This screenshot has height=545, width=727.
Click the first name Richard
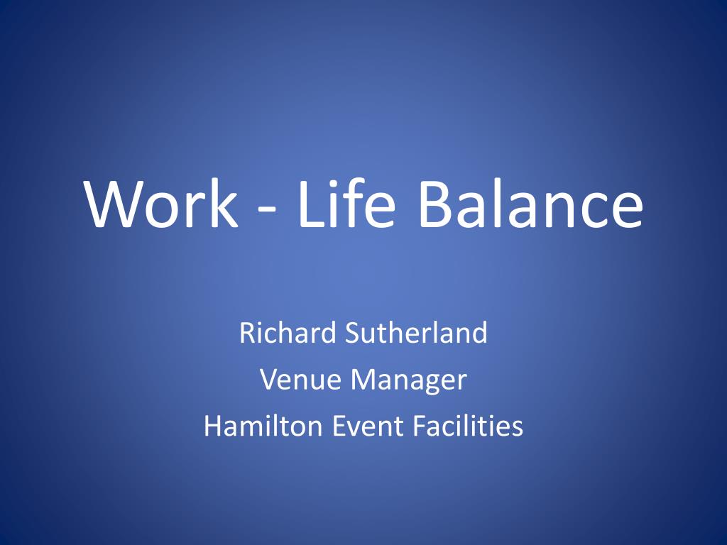(288, 333)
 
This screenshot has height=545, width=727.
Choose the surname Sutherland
(416, 333)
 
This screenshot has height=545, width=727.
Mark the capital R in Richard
(246, 333)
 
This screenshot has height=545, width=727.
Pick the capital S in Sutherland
(351, 333)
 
